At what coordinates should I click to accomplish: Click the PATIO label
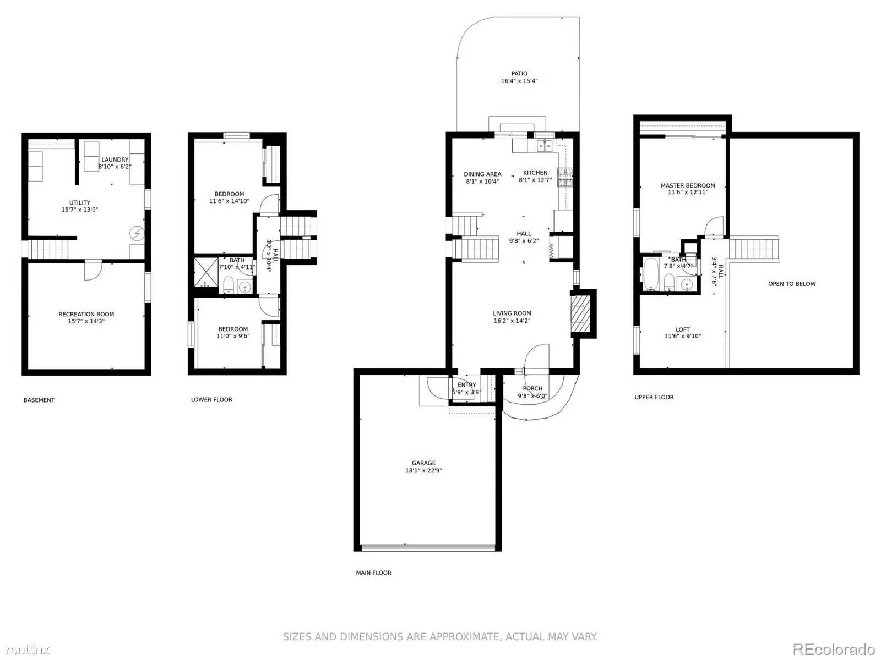click(x=519, y=74)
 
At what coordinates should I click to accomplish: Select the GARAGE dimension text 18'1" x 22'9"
click(x=423, y=471)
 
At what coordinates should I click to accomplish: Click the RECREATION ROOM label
click(x=86, y=315)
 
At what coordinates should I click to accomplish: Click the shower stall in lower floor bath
click(x=206, y=272)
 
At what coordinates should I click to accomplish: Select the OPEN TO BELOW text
click(x=792, y=284)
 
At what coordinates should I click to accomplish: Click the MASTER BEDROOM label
click(x=688, y=186)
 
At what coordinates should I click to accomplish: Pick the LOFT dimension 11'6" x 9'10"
click(x=682, y=337)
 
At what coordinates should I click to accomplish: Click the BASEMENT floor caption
click(x=39, y=400)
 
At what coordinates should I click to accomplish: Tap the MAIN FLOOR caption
click(x=373, y=573)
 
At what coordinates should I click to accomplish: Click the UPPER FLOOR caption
click(x=654, y=397)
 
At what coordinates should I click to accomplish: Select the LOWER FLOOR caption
click(x=211, y=400)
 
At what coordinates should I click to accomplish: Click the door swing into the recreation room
click(x=93, y=271)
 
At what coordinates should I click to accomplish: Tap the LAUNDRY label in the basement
click(x=115, y=160)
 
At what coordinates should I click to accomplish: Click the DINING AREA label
click(x=482, y=174)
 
